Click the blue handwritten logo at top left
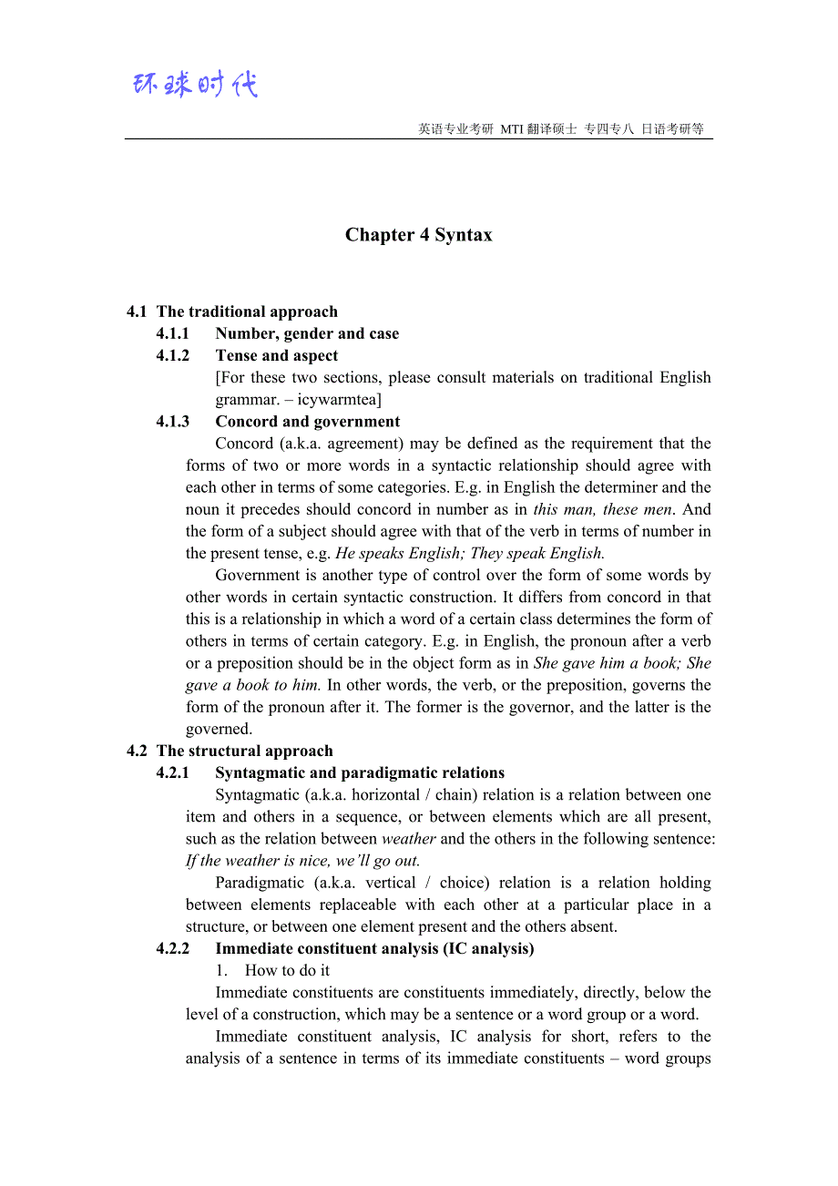[195, 85]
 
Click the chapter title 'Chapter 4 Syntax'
[418, 235]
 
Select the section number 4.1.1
[172, 333]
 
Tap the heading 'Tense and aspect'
[276, 355]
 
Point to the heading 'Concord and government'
[307, 421]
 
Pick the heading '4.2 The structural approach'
[230, 751]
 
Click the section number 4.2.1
[172, 772]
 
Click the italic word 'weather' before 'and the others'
[408, 839]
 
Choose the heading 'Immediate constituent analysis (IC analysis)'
[374, 948]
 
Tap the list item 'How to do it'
[287, 970]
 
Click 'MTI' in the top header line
[512, 129]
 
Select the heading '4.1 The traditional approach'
[231, 312]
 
